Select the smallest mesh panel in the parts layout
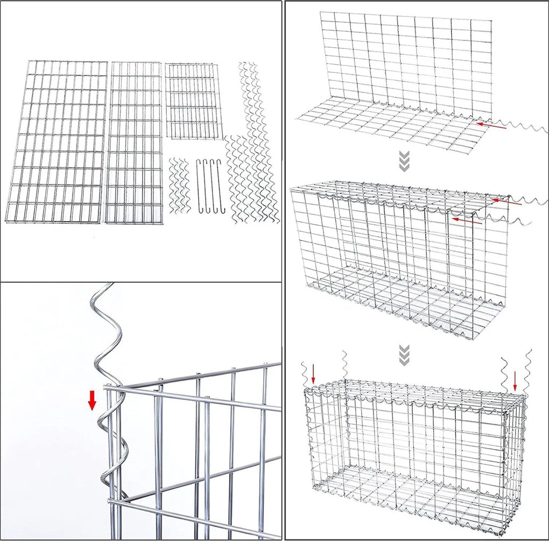pos(194,101)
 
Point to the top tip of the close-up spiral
pos(111,284)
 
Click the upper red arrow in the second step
pos(508,202)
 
